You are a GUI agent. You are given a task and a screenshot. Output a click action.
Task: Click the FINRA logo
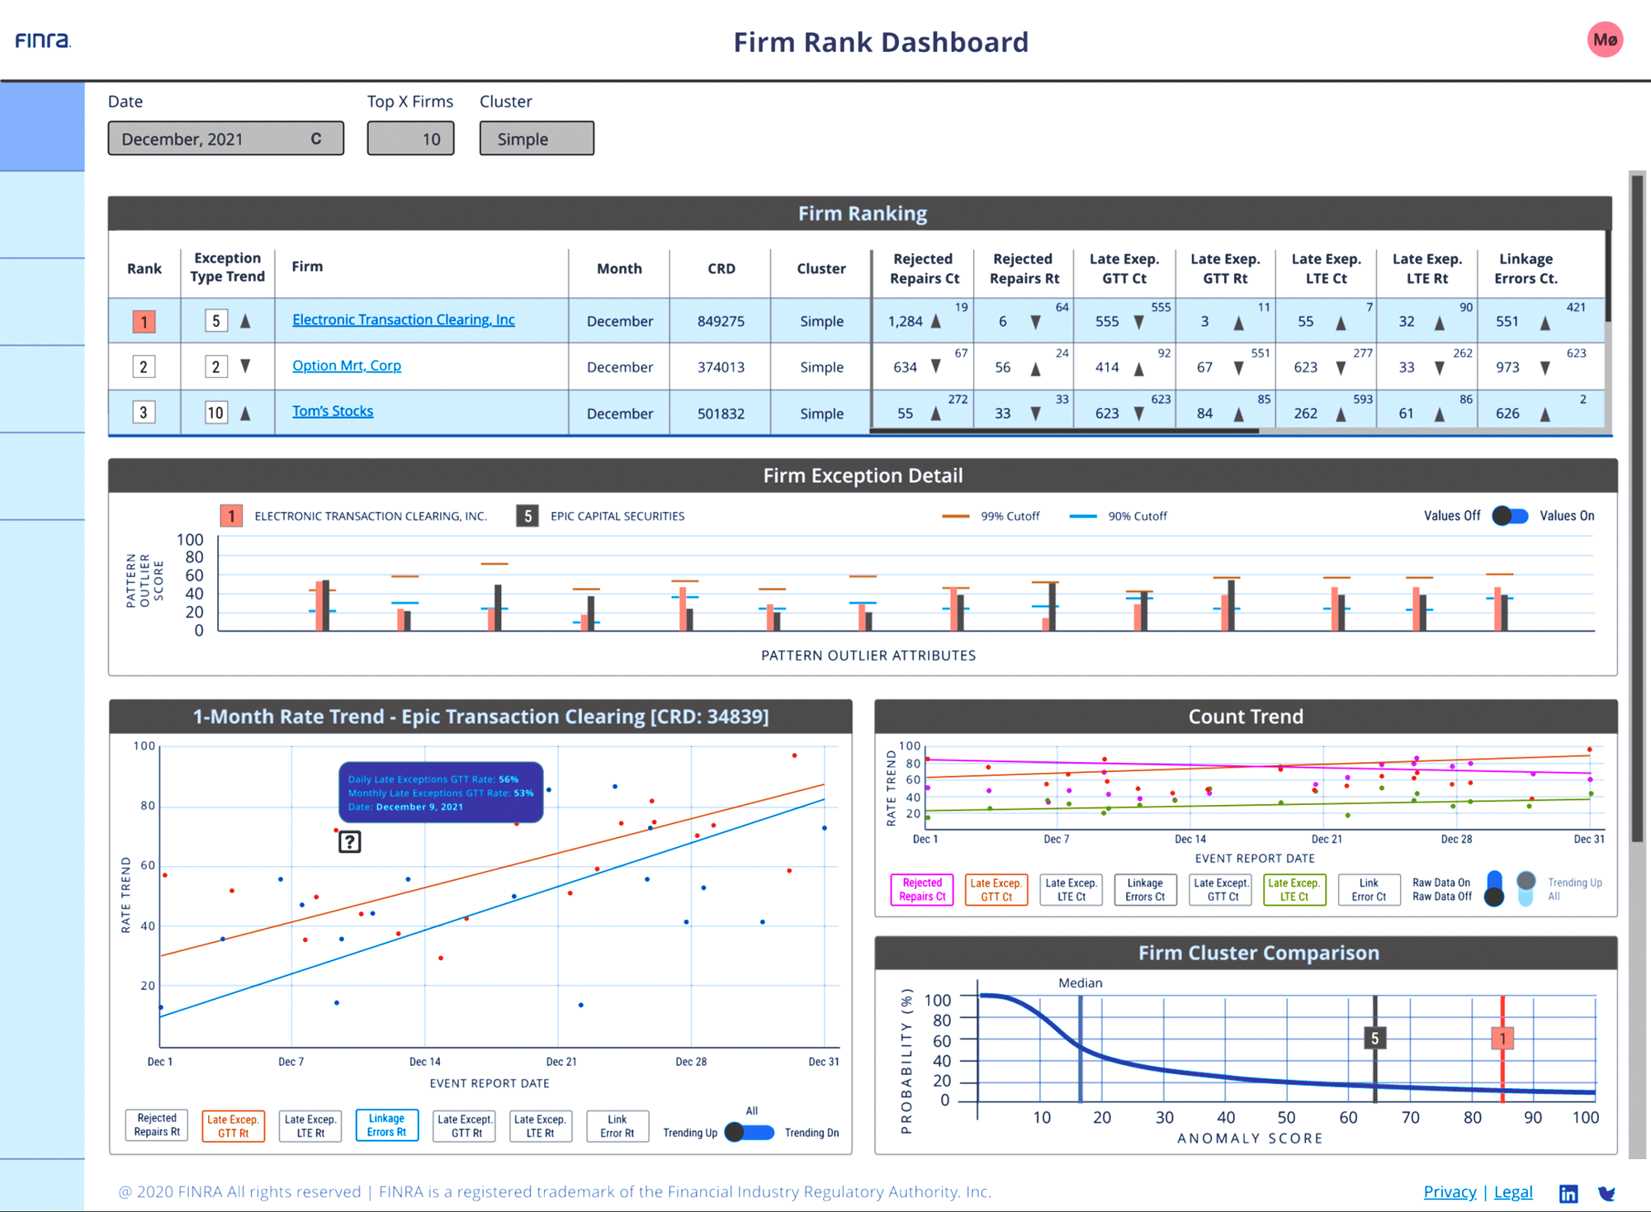[x=43, y=40]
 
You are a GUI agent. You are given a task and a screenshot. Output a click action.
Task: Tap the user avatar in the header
[x=1605, y=40]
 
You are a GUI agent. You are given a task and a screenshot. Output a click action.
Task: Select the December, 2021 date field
[x=225, y=139]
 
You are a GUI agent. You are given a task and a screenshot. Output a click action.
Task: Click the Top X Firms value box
[x=410, y=139]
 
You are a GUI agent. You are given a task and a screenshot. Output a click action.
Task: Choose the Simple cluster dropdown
[x=537, y=139]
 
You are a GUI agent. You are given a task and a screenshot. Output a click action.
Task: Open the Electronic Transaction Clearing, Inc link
[x=404, y=320]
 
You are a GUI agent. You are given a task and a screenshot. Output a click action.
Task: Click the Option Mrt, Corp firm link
[x=347, y=366]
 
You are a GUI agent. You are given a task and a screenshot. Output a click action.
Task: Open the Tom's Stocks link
[x=333, y=411]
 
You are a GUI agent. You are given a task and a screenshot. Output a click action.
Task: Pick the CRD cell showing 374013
[x=721, y=367]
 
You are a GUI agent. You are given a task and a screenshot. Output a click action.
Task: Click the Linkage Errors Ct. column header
[x=1526, y=268]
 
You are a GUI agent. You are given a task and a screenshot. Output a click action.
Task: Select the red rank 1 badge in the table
[x=144, y=321]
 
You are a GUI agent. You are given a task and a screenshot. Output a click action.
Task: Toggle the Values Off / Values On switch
[x=1510, y=516]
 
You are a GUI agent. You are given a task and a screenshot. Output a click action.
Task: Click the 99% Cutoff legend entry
[x=991, y=516]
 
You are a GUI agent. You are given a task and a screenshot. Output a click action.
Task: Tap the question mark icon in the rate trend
[x=350, y=842]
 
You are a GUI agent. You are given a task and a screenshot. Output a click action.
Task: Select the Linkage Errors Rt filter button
[x=387, y=1125]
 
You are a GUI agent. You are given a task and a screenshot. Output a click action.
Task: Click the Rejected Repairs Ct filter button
[x=922, y=890]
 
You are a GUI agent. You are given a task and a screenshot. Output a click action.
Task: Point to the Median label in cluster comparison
[x=1081, y=982]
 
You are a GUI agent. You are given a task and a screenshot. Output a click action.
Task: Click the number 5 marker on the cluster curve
[x=1374, y=1038]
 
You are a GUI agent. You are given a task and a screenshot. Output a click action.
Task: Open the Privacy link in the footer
[x=1450, y=1191]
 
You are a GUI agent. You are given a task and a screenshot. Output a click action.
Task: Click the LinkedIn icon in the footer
[x=1568, y=1193]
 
